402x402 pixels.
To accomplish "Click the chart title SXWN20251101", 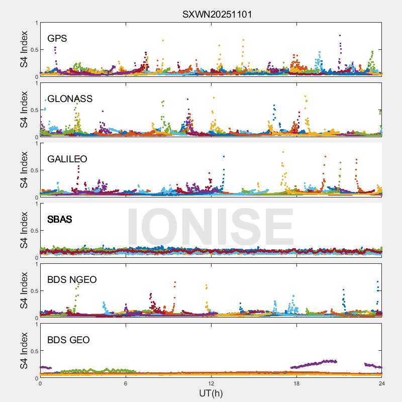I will coord(217,14).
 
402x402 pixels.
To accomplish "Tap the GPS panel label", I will coord(57,39).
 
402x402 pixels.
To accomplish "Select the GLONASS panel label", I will coord(70,99).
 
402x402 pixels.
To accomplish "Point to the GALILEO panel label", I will coord(67,159).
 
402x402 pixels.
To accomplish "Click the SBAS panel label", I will coord(60,220).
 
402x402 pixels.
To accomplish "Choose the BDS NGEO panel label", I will coord(72,280).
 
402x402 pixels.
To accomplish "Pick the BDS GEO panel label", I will coord(68,340).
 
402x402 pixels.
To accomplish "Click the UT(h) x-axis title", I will coord(211,393).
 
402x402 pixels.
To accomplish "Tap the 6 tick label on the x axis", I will coord(126,383).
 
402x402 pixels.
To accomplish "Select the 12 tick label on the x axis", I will coord(211,383).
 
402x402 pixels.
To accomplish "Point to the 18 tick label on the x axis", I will coord(296,383).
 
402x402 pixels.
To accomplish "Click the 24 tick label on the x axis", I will coord(382,383).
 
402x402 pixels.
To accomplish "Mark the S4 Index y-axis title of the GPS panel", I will coord(24,49).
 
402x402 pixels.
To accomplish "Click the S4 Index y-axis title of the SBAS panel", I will coord(24,230).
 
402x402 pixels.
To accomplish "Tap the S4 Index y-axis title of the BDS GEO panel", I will coord(24,351).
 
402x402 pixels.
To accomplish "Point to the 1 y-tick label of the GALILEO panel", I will coord(36,143).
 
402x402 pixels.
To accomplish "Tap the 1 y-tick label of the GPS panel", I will coord(36,23).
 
